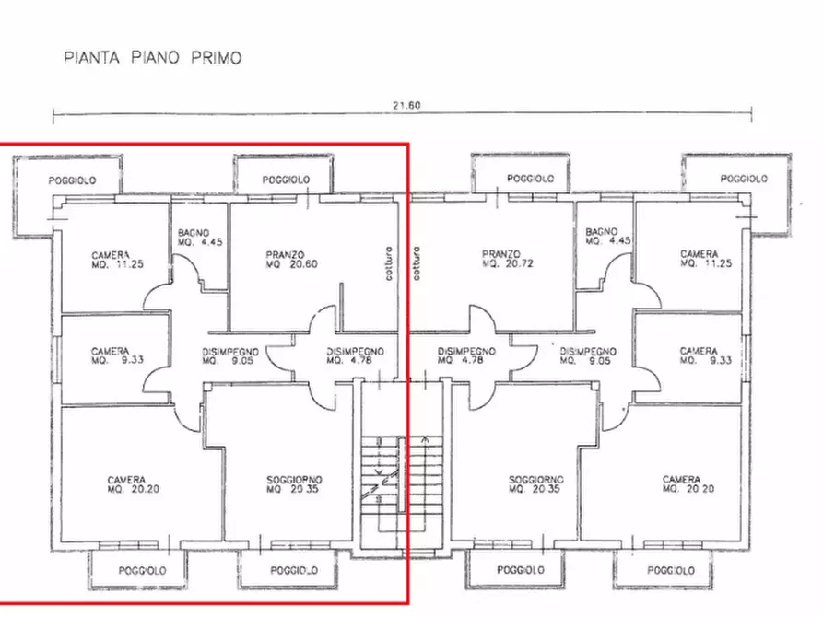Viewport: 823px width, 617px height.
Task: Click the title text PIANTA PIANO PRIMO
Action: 153,58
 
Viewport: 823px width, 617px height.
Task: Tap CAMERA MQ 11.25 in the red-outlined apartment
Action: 111,260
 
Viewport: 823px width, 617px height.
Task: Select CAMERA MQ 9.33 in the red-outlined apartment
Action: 111,356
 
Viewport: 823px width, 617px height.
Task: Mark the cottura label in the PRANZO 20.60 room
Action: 390,263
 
